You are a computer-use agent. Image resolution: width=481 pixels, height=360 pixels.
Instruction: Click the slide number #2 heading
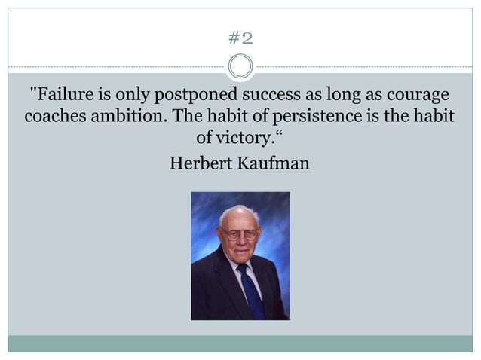[240, 38]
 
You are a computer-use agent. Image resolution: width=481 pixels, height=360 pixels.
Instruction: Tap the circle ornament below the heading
[240, 67]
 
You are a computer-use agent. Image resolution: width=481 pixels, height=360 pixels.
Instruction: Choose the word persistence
[326, 117]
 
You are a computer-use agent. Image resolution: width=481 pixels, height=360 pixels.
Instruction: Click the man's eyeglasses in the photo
[240, 234]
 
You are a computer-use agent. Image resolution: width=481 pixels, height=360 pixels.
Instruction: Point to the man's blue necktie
[250, 286]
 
